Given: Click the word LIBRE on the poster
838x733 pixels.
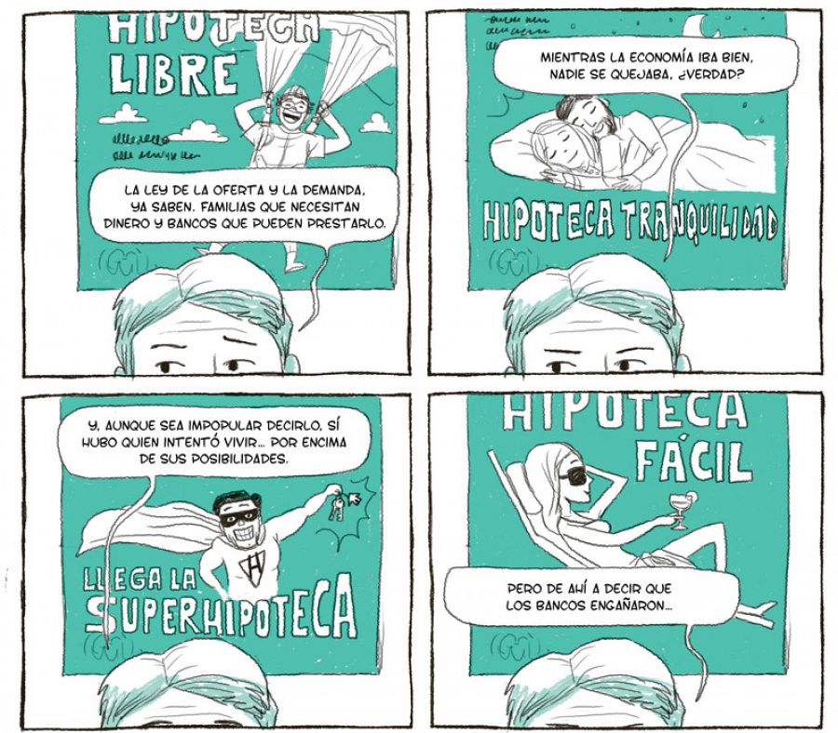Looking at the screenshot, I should click(x=172, y=73).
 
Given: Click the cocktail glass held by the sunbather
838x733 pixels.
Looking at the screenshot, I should click(x=680, y=506).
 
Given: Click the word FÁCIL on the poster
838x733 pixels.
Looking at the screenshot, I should click(x=694, y=460).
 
